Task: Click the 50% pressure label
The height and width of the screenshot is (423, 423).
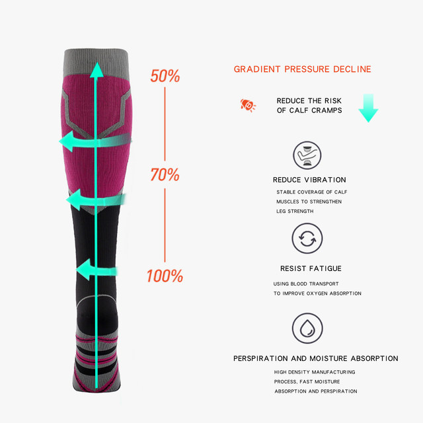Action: click(x=165, y=76)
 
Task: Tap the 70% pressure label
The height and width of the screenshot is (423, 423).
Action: click(x=165, y=175)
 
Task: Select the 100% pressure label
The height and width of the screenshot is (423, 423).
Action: click(x=165, y=276)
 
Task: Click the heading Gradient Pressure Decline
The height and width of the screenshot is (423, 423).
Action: click(x=303, y=69)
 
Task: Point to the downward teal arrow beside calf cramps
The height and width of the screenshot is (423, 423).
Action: click(x=368, y=107)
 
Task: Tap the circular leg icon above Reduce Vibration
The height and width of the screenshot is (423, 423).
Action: click(x=307, y=155)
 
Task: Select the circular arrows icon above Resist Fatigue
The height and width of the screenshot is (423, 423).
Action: click(x=307, y=239)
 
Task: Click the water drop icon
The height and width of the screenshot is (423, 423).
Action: click(x=307, y=328)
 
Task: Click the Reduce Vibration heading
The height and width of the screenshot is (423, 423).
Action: click(x=309, y=180)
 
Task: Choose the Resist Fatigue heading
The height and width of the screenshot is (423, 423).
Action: click(x=311, y=269)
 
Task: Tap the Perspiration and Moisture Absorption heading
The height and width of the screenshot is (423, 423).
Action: click(x=316, y=358)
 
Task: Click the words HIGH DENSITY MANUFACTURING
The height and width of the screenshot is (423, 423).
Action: click(x=315, y=372)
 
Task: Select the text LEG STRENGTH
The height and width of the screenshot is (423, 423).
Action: click(x=295, y=211)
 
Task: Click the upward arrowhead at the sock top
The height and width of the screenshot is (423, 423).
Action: click(x=97, y=69)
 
